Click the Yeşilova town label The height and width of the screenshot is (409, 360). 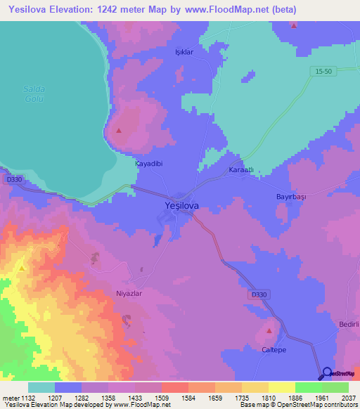click(x=176, y=205)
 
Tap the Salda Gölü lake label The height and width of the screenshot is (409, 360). click(x=34, y=93)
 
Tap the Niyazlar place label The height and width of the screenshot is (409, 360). click(x=129, y=294)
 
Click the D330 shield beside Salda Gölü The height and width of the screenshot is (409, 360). click(x=13, y=180)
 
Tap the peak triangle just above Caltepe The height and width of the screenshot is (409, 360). click(x=269, y=330)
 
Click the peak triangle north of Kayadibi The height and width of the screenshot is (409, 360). click(x=119, y=131)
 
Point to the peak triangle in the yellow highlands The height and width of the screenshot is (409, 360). click(x=22, y=268)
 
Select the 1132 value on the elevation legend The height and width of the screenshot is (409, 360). click(x=28, y=397)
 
